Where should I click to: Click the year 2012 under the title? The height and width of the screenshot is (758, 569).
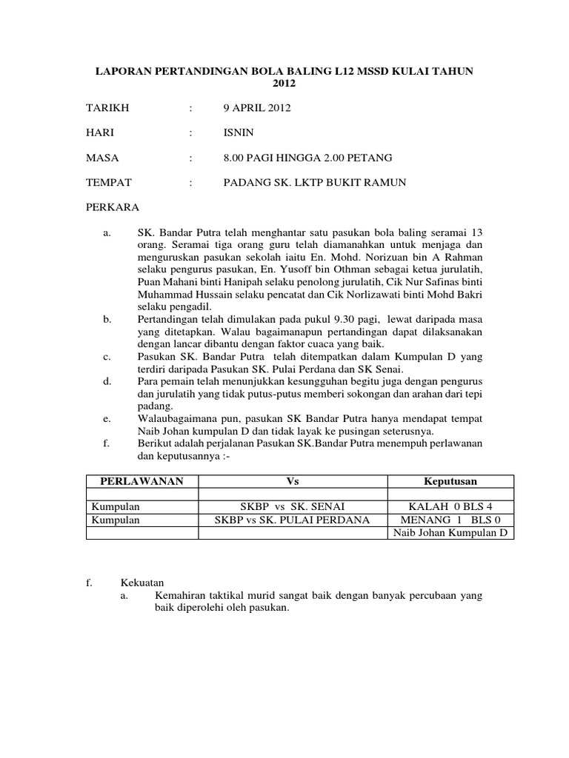click(284, 84)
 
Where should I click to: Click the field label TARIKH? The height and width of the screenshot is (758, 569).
click(108, 109)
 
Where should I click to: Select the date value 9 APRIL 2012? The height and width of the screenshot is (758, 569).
click(258, 109)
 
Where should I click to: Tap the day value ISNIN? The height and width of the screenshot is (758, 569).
click(239, 133)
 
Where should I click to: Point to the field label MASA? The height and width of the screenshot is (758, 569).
click(103, 158)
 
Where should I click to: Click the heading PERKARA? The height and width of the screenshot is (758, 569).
click(113, 207)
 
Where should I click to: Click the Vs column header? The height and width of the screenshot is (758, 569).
click(291, 481)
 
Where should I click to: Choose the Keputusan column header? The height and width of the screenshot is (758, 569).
click(450, 481)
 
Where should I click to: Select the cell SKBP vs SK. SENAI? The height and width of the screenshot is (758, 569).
click(291, 507)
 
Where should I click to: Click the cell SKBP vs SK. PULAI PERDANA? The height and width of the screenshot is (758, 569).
click(291, 520)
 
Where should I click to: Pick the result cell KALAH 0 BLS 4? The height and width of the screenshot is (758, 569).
click(450, 507)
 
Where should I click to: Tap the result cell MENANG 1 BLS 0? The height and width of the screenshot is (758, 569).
click(450, 520)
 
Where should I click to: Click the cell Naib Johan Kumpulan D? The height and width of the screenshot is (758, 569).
click(450, 533)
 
